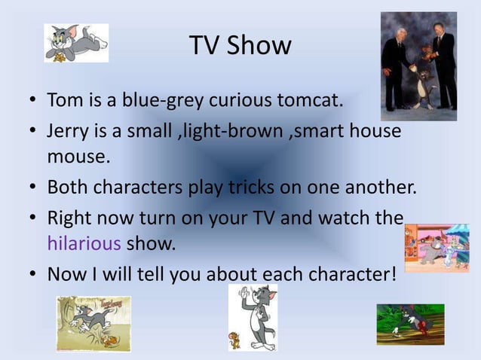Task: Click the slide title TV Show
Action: (x=240, y=45)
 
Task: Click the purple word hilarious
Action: (x=84, y=243)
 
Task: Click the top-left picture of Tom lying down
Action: (x=76, y=43)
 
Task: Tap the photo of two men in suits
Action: (x=418, y=66)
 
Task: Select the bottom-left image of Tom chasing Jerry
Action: (x=93, y=323)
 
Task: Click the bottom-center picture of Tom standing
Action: (x=253, y=317)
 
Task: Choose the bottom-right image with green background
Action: (x=410, y=324)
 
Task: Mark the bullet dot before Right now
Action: (x=34, y=218)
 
